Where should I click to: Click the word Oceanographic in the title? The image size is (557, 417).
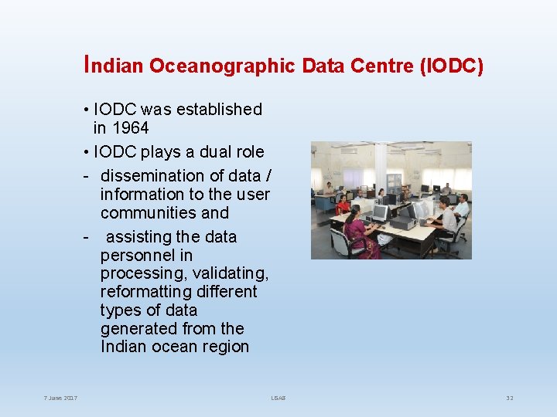coord(222,67)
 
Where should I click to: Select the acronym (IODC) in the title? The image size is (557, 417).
coord(451,67)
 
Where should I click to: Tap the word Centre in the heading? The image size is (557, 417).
coord(382,67)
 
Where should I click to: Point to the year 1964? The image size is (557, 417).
coord(131,128)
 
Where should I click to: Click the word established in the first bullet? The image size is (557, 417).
coord(219,110)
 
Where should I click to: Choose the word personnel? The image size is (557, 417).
coord(146,256)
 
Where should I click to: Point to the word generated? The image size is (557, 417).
coord(136,329)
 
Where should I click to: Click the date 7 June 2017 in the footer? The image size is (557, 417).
coord(60,398)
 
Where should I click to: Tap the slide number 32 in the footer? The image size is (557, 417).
coord(509,398)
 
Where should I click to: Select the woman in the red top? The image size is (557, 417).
coord(343,205)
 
